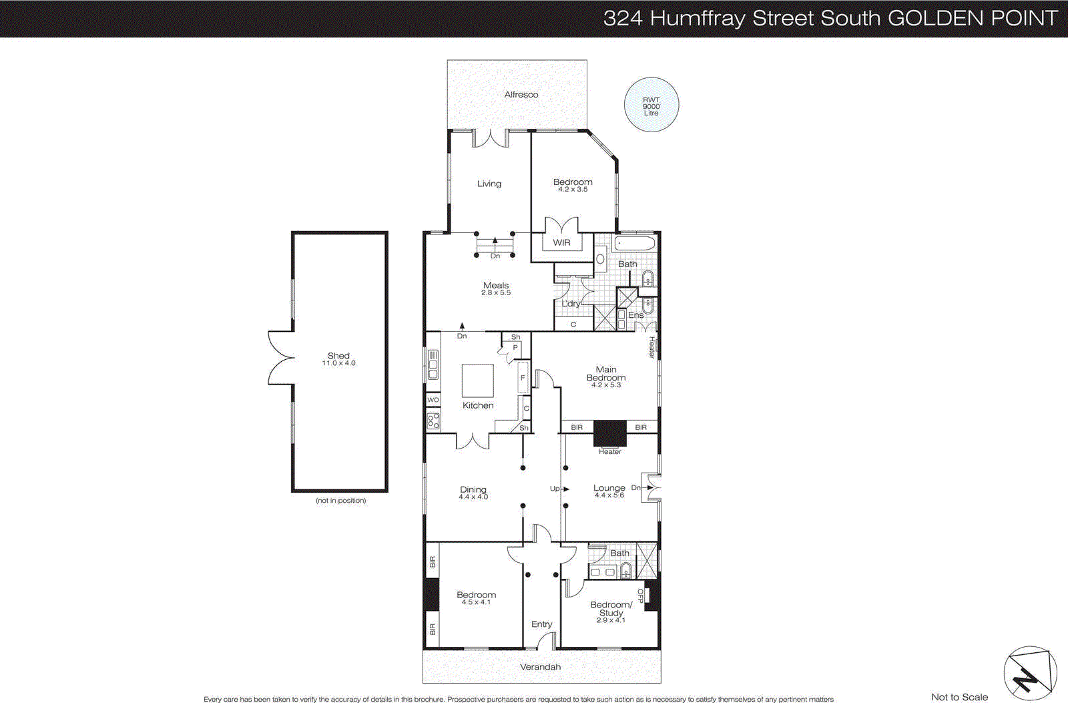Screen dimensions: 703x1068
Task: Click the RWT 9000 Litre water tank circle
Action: [651, 105]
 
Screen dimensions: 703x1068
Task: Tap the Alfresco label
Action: [521, 95]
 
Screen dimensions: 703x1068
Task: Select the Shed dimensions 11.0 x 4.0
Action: [339, 364]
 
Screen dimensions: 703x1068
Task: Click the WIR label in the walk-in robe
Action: [561, 242]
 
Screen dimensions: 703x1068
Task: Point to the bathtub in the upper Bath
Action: [635, 242]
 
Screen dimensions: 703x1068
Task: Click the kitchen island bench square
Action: [478, 381]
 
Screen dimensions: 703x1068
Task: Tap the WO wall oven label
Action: [433, 400]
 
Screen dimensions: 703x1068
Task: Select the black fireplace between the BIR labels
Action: [610, 433]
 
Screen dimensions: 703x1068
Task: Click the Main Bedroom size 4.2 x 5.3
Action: [606, 385]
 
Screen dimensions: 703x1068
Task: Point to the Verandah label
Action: [541, 667]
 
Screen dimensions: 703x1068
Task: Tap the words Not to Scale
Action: [959, 697]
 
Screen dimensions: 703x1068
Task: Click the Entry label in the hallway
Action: [541, 624]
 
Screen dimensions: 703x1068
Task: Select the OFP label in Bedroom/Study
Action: [641, 596]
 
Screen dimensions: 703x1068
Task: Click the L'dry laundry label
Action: [571, 304]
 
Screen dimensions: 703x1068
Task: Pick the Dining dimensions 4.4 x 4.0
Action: [473, 497]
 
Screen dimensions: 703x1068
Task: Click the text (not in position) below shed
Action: [340, 501]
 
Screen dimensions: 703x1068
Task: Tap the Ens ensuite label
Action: [635, 315]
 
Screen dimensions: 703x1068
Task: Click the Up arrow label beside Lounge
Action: [555, 489]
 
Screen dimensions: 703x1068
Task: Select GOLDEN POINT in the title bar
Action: [973, 18]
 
